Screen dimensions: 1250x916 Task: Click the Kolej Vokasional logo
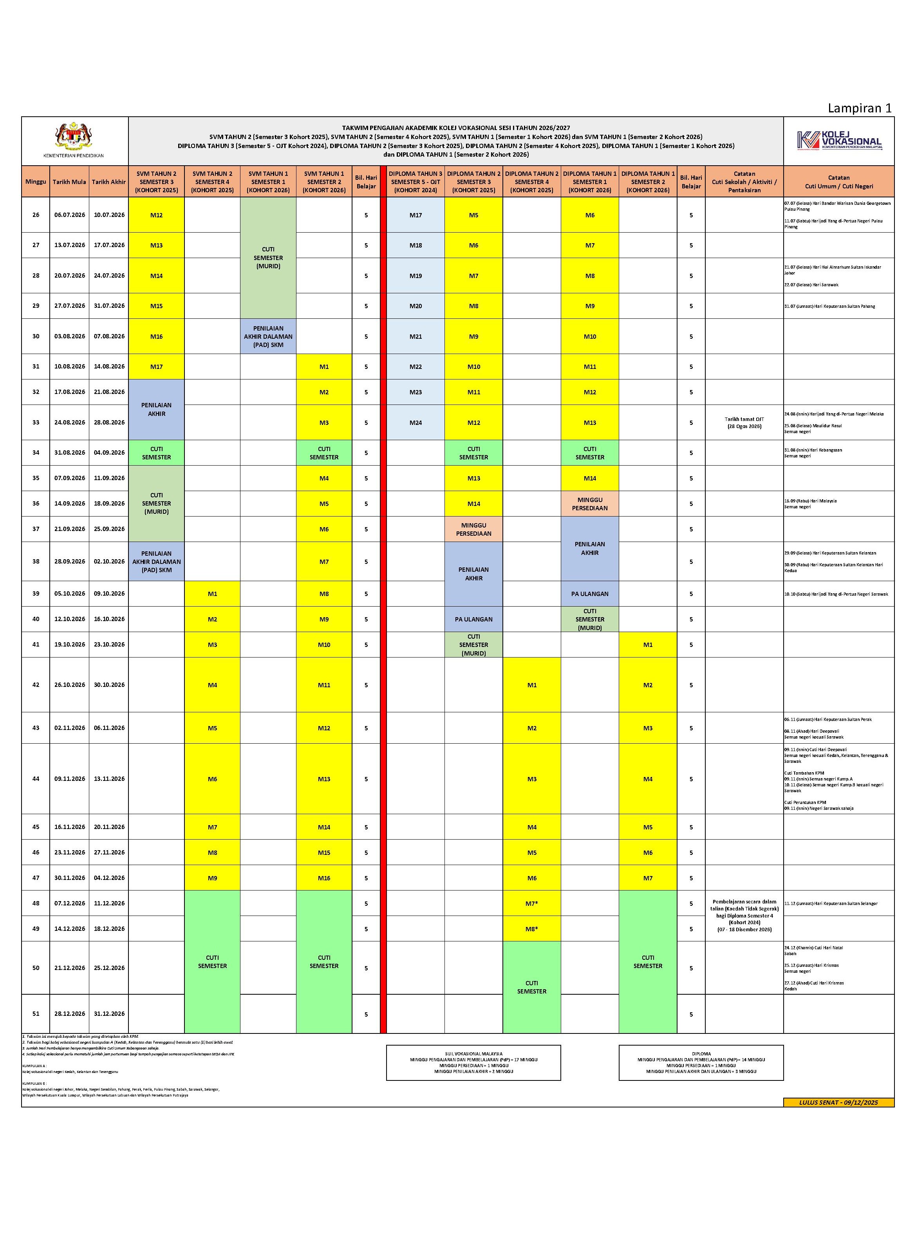coord(839,140)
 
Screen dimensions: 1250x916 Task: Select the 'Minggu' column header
coord(36,182)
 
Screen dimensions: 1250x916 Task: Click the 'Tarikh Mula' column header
coord(69,182)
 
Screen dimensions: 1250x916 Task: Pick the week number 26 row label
coord(36,215)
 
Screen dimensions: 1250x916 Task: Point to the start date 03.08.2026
coord(69,336)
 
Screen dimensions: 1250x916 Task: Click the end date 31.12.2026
coord(109,1013)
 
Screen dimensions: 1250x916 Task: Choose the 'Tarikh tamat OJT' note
coord(744,423)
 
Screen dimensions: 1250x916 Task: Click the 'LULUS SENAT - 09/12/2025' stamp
coord(838,1102)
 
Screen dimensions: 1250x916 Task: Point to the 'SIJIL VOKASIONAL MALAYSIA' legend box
coord(473,1063)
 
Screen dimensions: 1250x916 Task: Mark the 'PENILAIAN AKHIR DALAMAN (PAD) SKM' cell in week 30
coord(268,336)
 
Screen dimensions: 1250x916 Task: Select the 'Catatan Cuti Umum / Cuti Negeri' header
coord(838,182)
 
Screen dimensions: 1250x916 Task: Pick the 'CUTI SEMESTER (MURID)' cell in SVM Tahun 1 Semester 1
coord(268,258)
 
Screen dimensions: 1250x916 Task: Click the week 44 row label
coord(36,779)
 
